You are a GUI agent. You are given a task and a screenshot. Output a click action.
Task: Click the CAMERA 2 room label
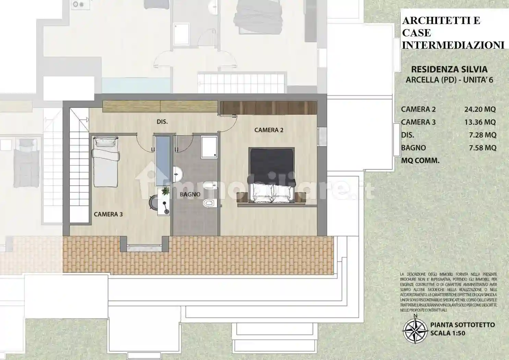[x=269, y=130]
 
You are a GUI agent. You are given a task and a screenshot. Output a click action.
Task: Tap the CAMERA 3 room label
[x=108, y=214]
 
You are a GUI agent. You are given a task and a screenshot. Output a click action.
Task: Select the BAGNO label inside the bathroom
[x=190, y=194]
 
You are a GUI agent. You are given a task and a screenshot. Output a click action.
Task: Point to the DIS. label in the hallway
[x=162, y=122]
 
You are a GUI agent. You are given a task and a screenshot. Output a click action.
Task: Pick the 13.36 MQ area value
[x=480, y=122]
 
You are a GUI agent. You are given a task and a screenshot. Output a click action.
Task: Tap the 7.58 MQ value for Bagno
[x=482, y=148]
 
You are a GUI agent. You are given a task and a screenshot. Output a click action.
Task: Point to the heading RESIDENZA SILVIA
[x=449, y=69]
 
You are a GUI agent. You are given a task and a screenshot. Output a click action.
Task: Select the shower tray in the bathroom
[x=209, y=147]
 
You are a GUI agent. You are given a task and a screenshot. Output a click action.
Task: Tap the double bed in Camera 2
[x=271, y=175]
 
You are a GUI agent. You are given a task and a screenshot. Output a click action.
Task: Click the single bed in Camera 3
[x=105, y=161]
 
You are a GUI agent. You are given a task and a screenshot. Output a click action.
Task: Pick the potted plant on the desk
[x=166, y=191]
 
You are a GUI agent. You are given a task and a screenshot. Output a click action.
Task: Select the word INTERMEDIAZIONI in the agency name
[x=453, y=45]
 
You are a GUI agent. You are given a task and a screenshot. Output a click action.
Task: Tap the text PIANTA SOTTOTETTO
[x=462, y=325]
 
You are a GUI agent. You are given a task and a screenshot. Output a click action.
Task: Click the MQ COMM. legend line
[x=420, y=160]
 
